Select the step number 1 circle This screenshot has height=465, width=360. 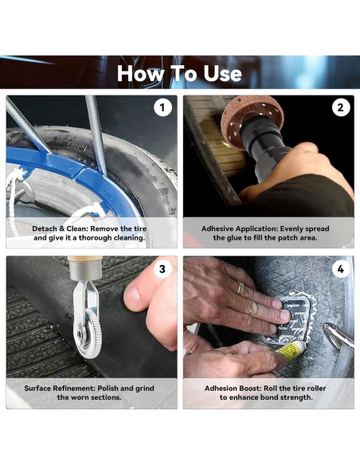coord(162,107)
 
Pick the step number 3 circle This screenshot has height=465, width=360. coord(162,268)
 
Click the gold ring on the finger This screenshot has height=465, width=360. coord(241,288)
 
